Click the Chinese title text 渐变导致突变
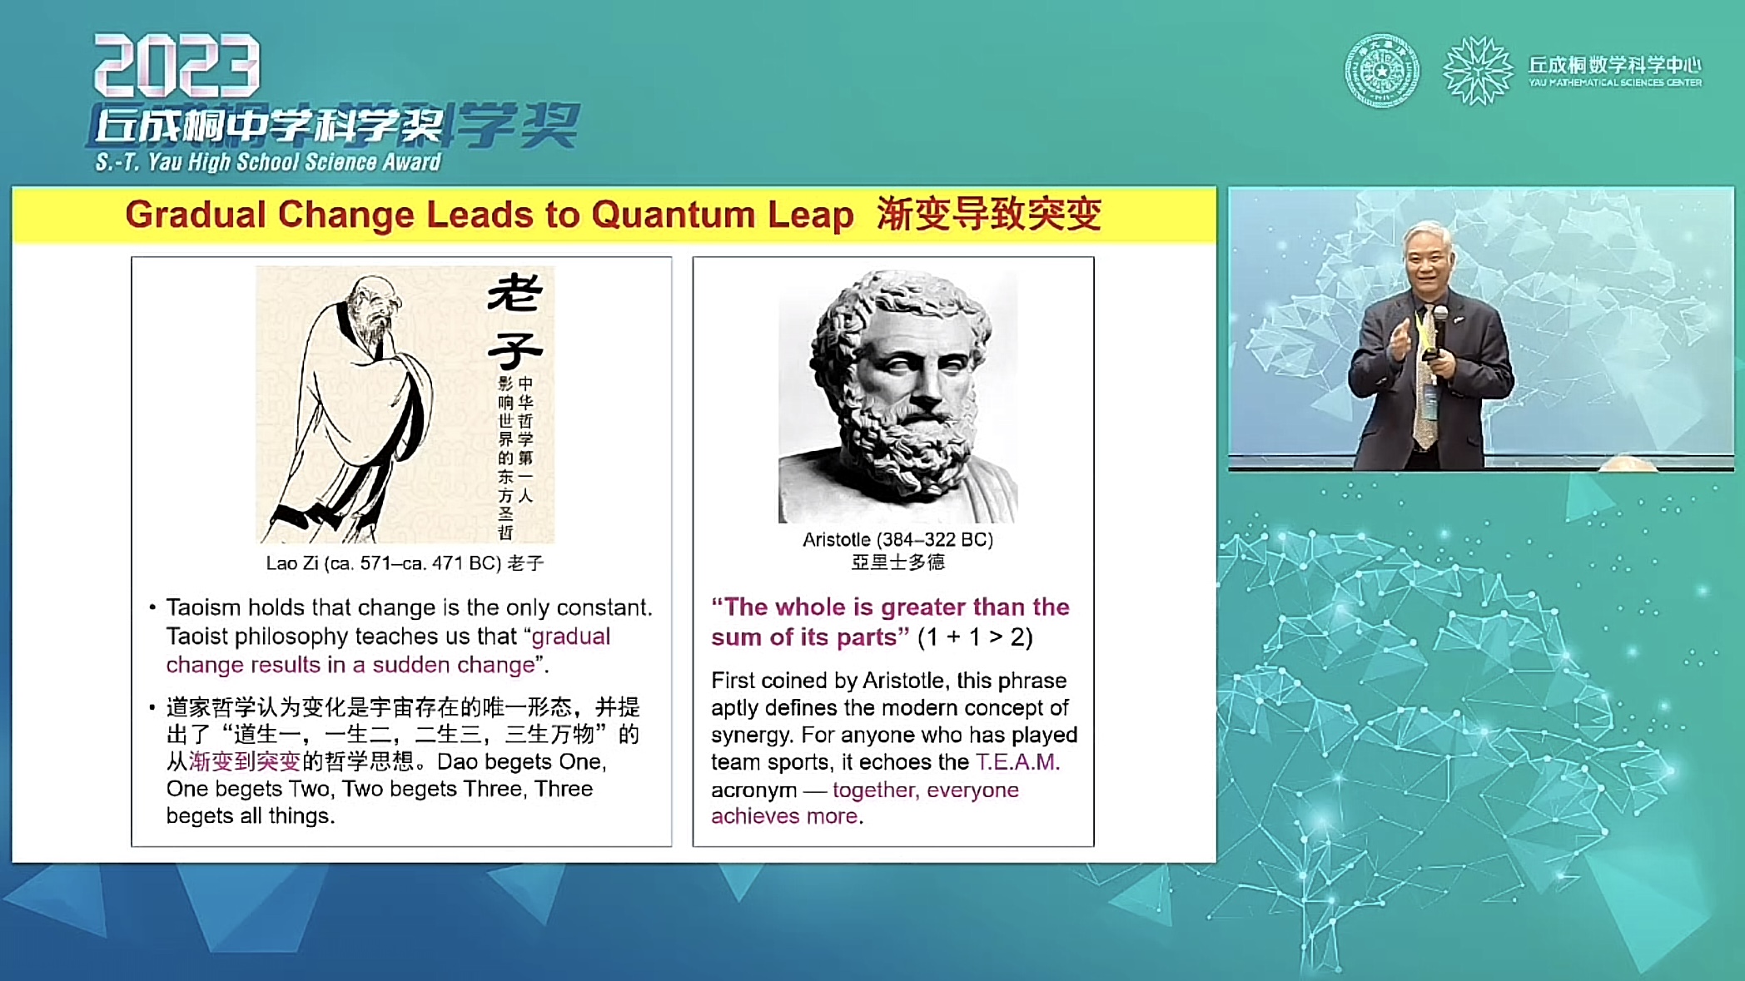(989, 214)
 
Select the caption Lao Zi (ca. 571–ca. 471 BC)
(384, 563)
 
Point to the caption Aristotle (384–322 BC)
(897, 539)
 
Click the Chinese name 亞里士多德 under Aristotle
(897, 562)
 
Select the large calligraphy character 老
(515, 294)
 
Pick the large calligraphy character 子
(515, 349)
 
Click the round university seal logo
(1382, 71)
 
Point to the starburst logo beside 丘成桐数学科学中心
(1478, 71)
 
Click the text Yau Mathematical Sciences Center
(1615, 82)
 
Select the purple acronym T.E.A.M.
(1017, 762)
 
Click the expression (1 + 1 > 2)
(975, 637)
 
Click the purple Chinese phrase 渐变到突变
(245, 761)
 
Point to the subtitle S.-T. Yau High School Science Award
(268, 161)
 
